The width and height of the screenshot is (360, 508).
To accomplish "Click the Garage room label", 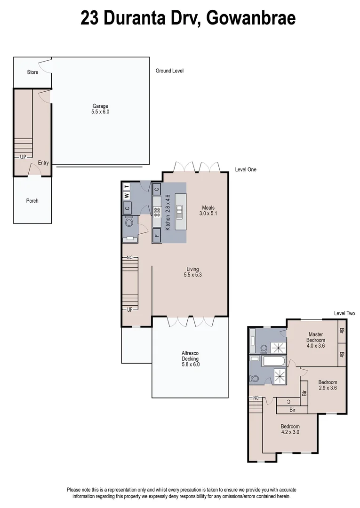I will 100,109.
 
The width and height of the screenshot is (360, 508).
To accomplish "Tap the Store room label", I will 32,72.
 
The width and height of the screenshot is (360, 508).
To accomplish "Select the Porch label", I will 32,201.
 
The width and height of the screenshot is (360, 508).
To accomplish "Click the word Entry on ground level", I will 43,163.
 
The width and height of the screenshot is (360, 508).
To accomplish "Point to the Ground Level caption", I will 169,71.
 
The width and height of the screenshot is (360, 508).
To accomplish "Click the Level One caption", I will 246,170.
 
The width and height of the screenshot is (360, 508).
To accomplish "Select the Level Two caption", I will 344,314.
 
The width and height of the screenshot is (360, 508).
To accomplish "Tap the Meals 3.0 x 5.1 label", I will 208,210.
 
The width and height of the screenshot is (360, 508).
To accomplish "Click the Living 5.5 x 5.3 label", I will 192,272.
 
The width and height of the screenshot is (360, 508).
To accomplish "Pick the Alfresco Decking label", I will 191,358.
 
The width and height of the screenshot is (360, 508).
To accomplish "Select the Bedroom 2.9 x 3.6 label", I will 327,385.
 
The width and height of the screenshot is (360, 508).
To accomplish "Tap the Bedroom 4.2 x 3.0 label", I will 290,429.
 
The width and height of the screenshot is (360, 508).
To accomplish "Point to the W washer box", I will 126,196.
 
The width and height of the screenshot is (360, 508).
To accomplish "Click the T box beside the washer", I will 126,186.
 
